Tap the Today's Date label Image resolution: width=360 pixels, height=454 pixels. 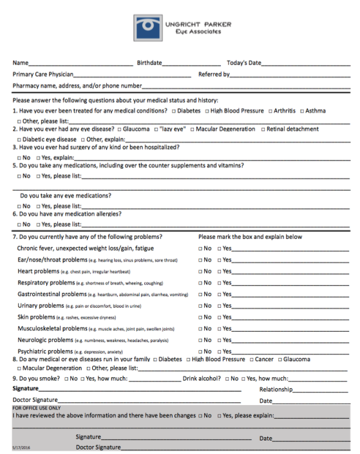[x=243, y=63]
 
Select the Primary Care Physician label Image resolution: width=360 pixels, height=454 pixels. [x=43, y=75]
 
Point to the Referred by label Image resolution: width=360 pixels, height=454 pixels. [x=214, y=75]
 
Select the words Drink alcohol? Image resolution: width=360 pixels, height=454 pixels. [x=202, y=379]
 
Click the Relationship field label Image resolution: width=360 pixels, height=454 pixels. [x=276, y=389]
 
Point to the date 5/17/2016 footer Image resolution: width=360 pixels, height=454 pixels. [x=21, y=447]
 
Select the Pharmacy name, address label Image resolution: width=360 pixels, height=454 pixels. [x=77, y=86]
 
